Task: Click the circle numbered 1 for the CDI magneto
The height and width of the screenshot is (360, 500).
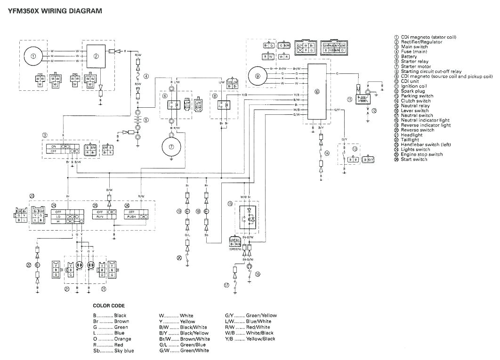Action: pos(33,56)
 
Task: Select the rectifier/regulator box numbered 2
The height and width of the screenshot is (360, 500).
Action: pos(96,56)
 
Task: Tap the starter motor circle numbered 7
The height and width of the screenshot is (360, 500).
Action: pos(172,147)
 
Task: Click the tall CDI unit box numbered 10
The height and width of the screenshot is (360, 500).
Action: pos(317,92)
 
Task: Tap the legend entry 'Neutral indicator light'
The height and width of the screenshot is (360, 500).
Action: pos(426,120)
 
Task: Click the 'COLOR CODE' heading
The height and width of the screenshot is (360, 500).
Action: pos(109,305)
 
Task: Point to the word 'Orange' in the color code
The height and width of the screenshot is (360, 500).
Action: pos(122,339)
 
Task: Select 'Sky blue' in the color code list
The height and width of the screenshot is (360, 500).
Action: pos(124,351)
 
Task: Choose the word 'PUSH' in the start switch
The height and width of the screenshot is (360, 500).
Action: pos(132,217)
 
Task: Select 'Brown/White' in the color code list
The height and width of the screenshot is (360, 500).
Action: pos(195,339)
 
